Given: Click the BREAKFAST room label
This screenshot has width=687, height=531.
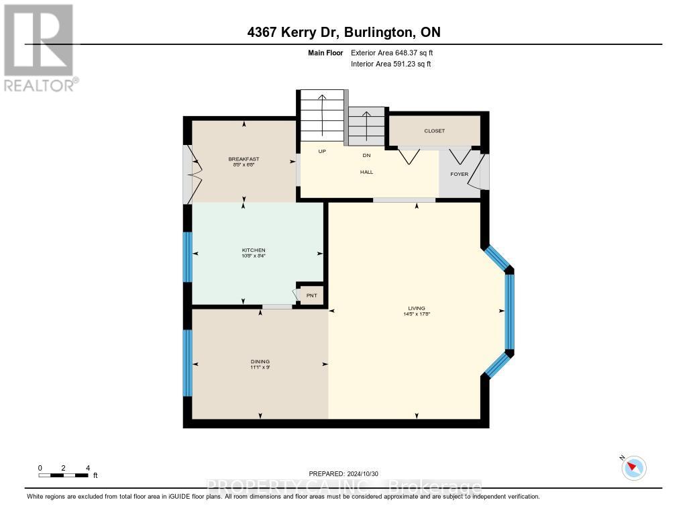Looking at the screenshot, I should [243, 159].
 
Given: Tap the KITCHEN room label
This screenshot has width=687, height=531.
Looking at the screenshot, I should [258, 250].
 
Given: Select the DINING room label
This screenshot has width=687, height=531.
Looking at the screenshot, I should [260, 362].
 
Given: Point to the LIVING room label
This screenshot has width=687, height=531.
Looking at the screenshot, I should [416, 308].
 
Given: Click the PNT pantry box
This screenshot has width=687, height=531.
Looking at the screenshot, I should [311, 295].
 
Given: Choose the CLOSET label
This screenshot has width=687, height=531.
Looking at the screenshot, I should [434, 131].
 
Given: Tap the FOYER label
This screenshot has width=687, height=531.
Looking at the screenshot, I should [459, 175].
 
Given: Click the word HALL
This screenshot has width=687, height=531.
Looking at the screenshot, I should [366, 172].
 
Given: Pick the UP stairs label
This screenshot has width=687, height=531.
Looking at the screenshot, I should [322, 151].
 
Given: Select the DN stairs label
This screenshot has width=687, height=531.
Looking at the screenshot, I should [366, 155].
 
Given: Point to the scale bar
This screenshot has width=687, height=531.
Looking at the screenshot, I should [64, 475].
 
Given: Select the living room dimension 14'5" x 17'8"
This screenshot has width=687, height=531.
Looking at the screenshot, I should [416, 313].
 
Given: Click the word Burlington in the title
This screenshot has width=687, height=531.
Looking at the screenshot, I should [377, 32].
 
